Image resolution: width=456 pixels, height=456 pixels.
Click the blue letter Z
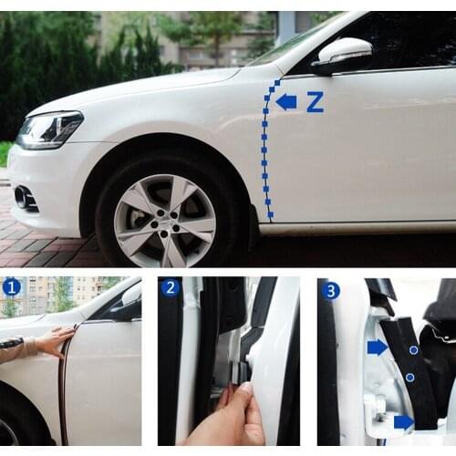point(315,102)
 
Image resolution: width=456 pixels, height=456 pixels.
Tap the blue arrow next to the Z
point(286,101)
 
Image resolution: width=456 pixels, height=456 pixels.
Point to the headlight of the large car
point(50,130)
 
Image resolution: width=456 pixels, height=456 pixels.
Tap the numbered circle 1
point(12,287)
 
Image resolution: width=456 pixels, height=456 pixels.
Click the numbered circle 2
point(171,288)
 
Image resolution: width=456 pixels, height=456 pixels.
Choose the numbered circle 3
point(331,290)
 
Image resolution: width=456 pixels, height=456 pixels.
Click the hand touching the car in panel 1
point(55,342)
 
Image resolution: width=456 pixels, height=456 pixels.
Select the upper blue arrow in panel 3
point(377,347)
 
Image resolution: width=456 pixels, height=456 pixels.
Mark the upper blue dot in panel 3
point(413,349)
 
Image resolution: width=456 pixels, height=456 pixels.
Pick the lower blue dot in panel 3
point(409,377)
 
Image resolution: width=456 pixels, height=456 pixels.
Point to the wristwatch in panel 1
point(12,343)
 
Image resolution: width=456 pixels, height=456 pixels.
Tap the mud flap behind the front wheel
point(253,228)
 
